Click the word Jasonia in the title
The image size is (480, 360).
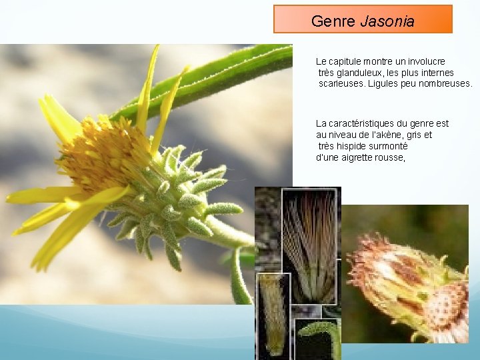point(387,21)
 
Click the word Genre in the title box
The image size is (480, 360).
point(333,21)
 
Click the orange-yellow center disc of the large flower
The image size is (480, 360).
point(100,157)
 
